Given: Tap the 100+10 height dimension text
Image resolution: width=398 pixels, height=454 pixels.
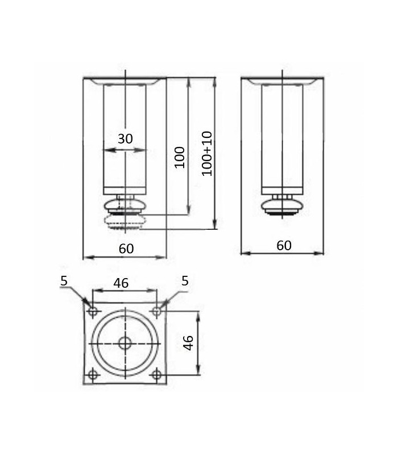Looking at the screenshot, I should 207,153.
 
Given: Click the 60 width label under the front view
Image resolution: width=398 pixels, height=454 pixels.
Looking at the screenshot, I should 126,249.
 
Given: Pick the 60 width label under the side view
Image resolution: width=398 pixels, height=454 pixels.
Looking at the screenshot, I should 284,246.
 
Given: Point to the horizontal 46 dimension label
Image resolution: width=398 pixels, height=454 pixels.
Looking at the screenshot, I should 121,283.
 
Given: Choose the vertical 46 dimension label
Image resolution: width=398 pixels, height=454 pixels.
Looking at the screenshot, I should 188,342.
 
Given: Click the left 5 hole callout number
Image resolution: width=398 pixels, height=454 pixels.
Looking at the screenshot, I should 64,280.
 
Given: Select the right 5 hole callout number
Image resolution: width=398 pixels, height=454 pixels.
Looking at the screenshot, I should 185,280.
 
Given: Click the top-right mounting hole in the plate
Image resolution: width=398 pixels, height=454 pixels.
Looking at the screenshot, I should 156,311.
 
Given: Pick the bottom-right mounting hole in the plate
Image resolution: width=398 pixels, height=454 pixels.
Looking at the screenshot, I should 156,375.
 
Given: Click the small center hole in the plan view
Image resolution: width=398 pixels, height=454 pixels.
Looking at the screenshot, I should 125,343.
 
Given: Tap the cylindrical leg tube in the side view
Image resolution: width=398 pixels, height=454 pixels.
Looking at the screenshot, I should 283,136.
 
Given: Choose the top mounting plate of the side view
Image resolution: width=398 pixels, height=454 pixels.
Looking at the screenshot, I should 283,80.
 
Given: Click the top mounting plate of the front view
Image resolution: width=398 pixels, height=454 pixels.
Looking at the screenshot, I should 125,80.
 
